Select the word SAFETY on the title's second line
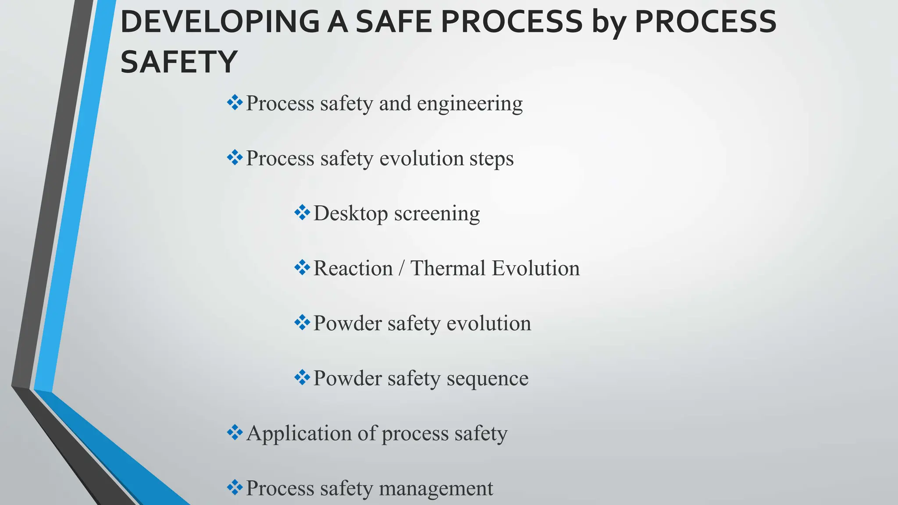coord(179,62)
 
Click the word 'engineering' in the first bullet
coord(470,104)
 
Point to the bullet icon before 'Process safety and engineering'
coord(235,103)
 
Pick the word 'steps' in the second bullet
coord(492,159)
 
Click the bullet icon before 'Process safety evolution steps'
coord(235,158)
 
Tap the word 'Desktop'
coord(351,214)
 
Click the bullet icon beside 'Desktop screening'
coord(302,213)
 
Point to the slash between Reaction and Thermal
coord(401,268)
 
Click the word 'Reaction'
coord(353,268)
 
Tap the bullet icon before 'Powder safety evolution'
coord(302,323)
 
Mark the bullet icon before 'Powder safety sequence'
coord(302,378)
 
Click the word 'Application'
coord(299,434)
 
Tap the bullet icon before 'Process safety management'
coord(235,487)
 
